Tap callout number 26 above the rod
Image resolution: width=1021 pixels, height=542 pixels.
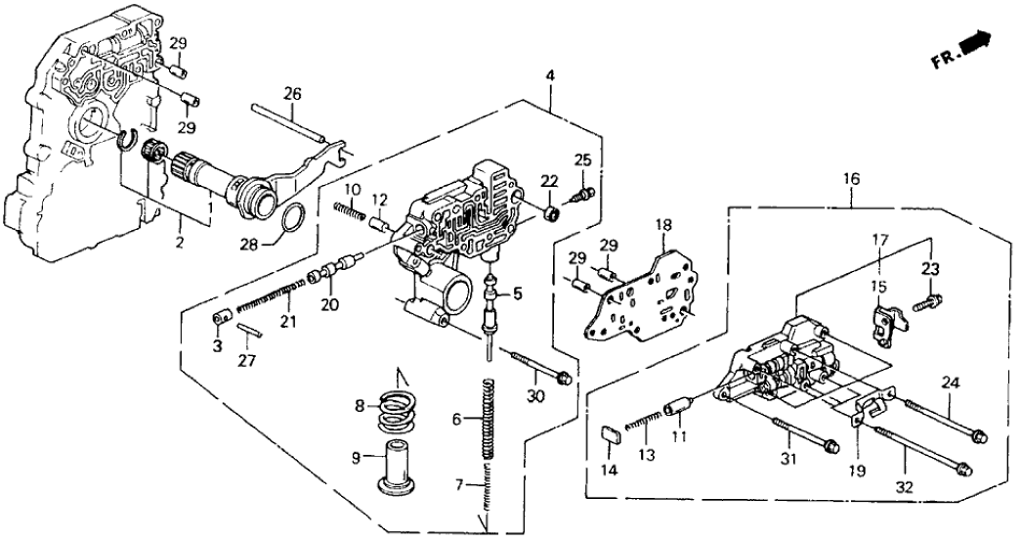292,94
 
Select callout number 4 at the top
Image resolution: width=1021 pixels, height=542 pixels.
551,75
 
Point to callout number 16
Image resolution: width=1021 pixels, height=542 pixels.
851,179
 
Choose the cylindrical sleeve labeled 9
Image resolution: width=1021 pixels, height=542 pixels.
398,465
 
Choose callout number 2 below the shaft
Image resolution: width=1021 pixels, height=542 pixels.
179,241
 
